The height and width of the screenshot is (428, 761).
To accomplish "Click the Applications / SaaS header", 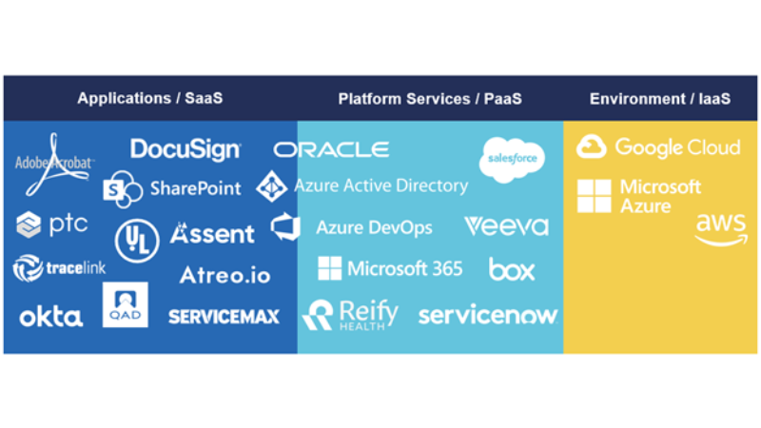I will coord(150,98).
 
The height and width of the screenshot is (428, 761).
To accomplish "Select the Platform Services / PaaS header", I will coord(430,98).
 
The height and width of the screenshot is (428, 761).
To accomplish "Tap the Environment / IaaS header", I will coord(660,98).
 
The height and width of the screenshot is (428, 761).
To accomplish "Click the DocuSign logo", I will coord(185,149).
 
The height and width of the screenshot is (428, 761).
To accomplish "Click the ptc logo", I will coord(52,224).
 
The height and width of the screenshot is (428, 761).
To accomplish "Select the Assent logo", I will coord(212,233).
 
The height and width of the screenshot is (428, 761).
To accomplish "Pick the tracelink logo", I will coord(59,269).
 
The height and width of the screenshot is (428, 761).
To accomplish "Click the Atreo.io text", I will coord(224,276).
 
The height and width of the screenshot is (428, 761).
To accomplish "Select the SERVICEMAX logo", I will coord(224,317).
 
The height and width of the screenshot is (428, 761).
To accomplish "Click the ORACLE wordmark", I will coord(331,149).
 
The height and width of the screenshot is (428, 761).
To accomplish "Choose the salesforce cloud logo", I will coord(511,158).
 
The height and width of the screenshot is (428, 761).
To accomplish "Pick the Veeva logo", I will coord(506,226).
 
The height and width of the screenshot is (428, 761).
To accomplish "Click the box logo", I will coord(512,269).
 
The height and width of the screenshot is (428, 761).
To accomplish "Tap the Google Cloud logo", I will coord(658,147).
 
